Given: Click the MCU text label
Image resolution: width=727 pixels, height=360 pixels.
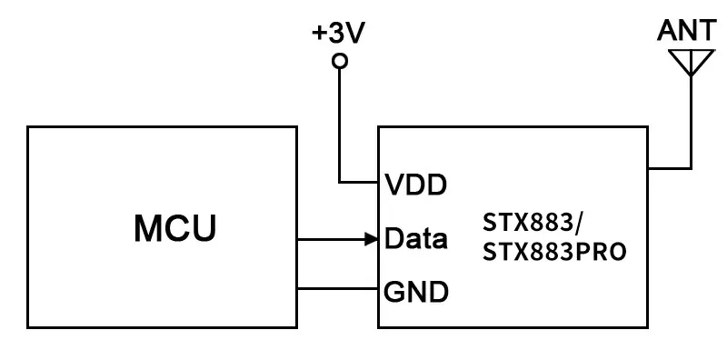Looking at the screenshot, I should pos(175,227).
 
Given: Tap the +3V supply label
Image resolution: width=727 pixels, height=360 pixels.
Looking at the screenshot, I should pos(339,35).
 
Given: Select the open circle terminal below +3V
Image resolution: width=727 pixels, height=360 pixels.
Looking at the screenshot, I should pos(340,62).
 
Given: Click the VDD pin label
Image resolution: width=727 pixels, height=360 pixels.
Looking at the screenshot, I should pos(415,185).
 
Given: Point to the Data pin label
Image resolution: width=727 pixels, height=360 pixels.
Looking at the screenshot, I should pos(416,240).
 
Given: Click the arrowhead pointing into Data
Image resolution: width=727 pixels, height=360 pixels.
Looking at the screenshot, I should pos(372,240).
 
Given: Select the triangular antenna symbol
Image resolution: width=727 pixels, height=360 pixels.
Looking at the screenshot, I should pos(689,61).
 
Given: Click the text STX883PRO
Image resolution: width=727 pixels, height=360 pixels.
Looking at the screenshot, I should pos(554,252).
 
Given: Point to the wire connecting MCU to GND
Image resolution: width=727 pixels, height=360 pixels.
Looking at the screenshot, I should pos(336,290).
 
